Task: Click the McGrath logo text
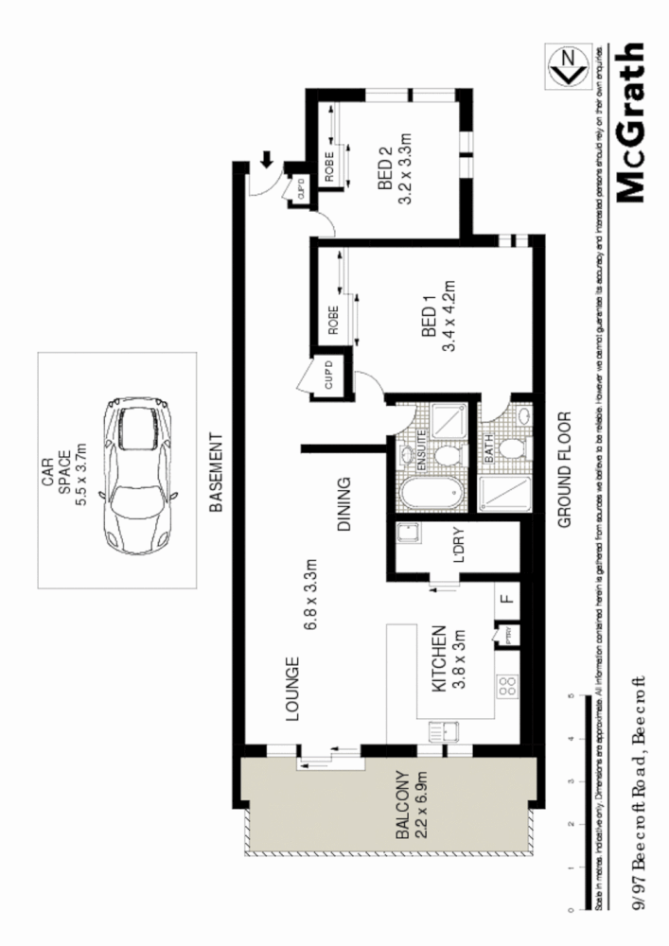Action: pyautogui.click(x=631, y=123)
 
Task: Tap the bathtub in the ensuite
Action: pyautogui.click(x=431, y=495)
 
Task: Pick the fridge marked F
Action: pyautogui.click(x=506, y=599)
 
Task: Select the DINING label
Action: pyautogui.click(x=344, y=506)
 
